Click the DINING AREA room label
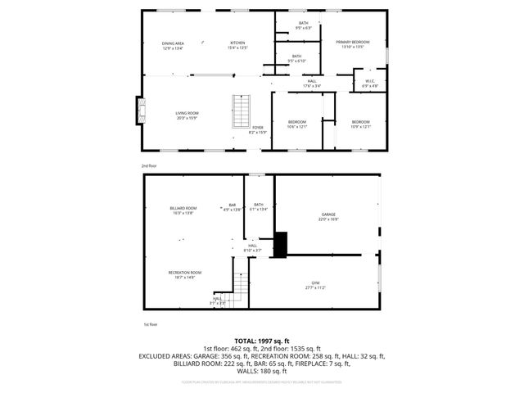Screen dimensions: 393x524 pyautogui.click(x=172, y=43)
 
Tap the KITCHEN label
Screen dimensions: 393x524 pyautogui.click(x=237, y=43)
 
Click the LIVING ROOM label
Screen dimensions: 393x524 pyautogui.click(x=187, y=113)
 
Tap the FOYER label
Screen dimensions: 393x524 pyautogui.click(x=257, y=128)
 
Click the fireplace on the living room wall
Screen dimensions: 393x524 pyautogui.click(x=141, y=111)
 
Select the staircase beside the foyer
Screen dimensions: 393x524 pyautogui.click(x=240, y=112)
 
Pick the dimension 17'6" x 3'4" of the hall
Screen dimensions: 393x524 pyautogui.click(x=312, y=86)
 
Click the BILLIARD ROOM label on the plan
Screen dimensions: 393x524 pyautogui.click(x=183, y=208)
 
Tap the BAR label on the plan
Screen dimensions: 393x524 pyautogui.click(x=232, y=205)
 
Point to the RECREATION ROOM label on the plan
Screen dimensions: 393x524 pyautogui.click(x=185, y=272)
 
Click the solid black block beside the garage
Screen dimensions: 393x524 pyautogui.click(x=281, y=243)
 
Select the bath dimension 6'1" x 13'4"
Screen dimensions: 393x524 pyautogui.click(x=259, y=209)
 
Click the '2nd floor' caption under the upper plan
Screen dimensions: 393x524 pyautogui.click(x=148, y=165)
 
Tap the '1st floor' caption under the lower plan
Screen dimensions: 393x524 pyautogui.click(x=150, y=324)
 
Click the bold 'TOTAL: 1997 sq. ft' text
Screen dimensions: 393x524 pyautogui.click(x=261, y=340)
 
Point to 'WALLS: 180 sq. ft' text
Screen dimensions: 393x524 pyautogui.click(x=262, y=371)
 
